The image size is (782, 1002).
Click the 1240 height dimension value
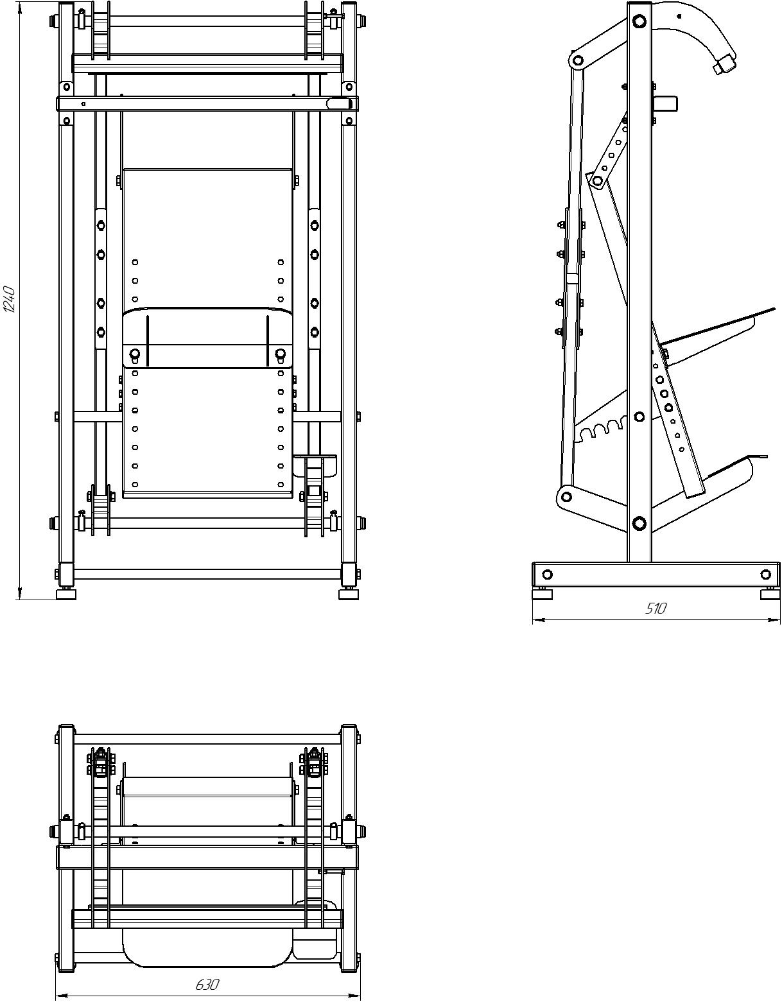(10, 300)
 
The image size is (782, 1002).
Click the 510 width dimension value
(656, 609)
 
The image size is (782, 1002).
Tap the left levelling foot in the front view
(66, 594)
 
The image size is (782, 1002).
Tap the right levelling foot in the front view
(349, 594)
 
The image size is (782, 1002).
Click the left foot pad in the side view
(543, 594)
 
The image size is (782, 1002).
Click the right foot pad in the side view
(770, 594)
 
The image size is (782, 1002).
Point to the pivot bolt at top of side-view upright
(639, 21)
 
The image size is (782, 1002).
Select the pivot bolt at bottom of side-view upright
(639, 523)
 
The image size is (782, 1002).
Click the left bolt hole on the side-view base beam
(547, 574)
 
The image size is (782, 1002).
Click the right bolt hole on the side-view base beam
(766, 574)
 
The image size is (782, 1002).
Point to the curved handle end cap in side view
(724, 64)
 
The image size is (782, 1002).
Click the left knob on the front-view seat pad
(135, 354)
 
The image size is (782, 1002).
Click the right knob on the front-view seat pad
(280, 354)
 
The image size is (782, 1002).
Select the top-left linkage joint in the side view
(578, 60)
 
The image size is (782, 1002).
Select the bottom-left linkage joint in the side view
(566, 497)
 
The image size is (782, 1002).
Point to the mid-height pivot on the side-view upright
(639, 417)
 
